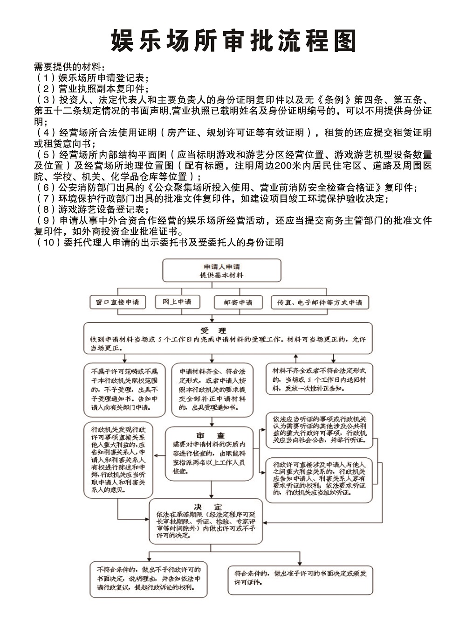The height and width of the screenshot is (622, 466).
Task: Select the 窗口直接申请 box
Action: [x=117, y=302]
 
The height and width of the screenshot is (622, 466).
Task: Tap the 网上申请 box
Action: [x=177, y=302]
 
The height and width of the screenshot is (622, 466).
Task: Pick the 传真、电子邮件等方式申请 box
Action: [x=320, y=302]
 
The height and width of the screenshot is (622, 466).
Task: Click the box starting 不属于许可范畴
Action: [x=124, y=390]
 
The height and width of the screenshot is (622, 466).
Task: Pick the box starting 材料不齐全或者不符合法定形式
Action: [x=319, y=379]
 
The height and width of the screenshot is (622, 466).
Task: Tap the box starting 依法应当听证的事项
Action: [x=319, y=430]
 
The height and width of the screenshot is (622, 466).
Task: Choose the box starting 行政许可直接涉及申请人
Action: [x=319, y=479]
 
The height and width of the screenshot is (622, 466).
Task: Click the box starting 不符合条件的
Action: [x=149, y=579]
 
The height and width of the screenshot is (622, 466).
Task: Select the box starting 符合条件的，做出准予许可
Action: [x=300, y=578]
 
